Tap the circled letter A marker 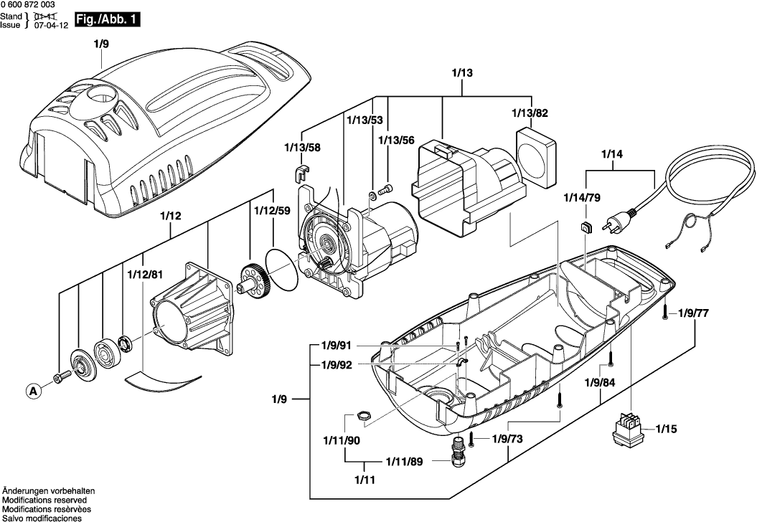[x=32, y=391]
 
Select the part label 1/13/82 [x=530, y=113]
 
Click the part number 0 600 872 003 [x=28, y=5]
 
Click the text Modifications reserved [x=44, y=500]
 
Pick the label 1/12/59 [x=271, y=212]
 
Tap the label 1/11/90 [x=342, y=440]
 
